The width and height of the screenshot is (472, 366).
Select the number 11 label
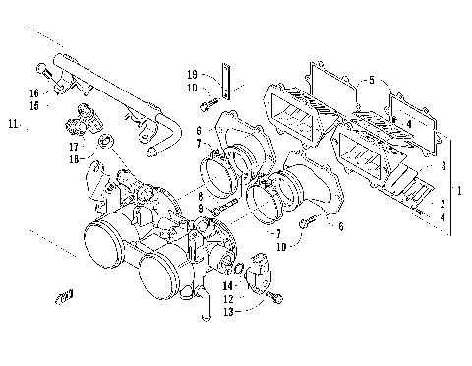click(13, 124)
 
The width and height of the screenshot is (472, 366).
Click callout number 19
click(193, 74)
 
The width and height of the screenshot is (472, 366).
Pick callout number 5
click(371, 79)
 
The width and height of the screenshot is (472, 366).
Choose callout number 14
click(228, 285)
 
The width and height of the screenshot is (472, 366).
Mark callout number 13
click(228, 311)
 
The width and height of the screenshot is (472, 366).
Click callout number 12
click(228, 298)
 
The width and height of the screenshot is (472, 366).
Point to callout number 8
click(197, 197)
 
